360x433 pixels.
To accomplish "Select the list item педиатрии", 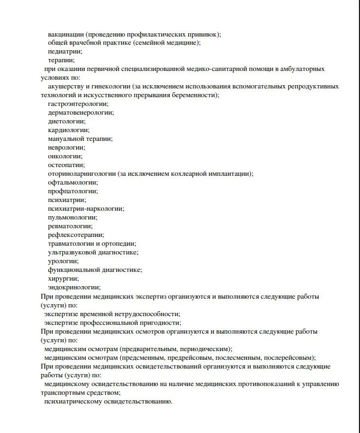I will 65,52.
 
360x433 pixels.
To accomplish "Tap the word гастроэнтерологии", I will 77,104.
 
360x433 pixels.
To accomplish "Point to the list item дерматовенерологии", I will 80,112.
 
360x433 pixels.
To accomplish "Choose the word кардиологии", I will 68,130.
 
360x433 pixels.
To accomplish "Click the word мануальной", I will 67,139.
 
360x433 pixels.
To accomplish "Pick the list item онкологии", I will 65,156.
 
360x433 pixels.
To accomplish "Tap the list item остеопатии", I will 66,165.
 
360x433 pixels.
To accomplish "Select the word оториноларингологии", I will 81,174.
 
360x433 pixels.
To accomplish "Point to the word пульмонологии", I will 73,217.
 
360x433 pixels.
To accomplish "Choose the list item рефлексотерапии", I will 75,235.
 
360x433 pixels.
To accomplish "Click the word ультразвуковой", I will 73,252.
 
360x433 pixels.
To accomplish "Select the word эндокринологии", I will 74,287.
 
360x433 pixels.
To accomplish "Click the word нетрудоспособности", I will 144,314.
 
